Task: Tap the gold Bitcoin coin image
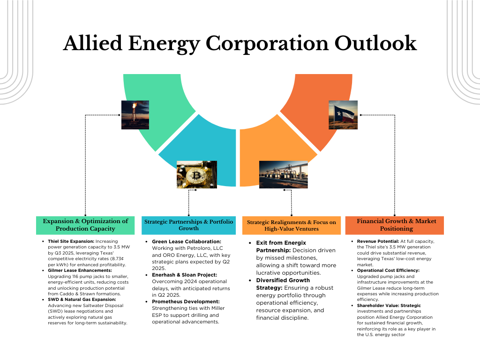coord(196,175)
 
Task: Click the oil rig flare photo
coord(135,115)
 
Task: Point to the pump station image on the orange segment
coord(284,175)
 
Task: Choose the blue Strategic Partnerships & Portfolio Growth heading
coord(188,225)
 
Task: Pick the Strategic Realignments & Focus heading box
coord(291,225)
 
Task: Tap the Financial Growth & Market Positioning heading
coord(394,225)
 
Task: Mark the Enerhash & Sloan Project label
coord(184,275)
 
